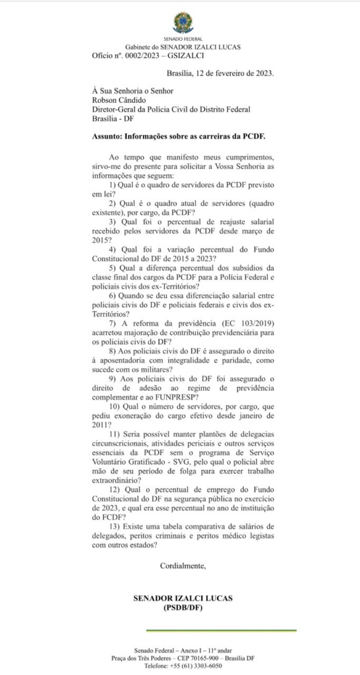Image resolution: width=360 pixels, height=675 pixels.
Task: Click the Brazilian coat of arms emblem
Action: click(183, 22)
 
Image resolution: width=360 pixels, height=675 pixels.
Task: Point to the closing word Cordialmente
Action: click(183, 566)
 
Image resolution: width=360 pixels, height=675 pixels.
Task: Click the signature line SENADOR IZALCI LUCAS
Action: click(183, 598)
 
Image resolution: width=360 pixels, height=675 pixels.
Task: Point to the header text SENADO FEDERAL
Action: click(183, 39)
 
